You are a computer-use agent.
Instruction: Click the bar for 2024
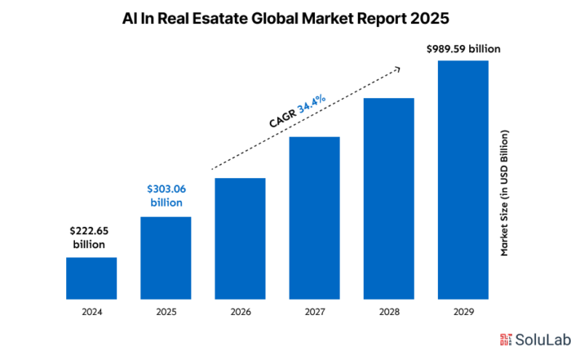point(91,278)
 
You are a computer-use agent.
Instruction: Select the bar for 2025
point(166,257)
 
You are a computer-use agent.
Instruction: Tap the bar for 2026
point(240,238)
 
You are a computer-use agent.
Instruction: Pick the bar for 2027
point(314,217)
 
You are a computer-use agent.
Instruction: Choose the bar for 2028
point(389,198)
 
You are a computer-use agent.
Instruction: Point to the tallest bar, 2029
point(463,179)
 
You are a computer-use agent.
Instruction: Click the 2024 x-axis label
point(91,312)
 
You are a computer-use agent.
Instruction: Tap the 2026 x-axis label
point(240,312)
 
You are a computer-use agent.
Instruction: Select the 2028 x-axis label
point(389,312)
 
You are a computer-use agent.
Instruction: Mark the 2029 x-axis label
point(463,312)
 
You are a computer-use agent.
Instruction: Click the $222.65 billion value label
point(91,238)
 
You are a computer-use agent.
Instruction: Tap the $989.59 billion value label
point(463,49)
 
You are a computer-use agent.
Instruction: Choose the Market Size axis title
point(505,193)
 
